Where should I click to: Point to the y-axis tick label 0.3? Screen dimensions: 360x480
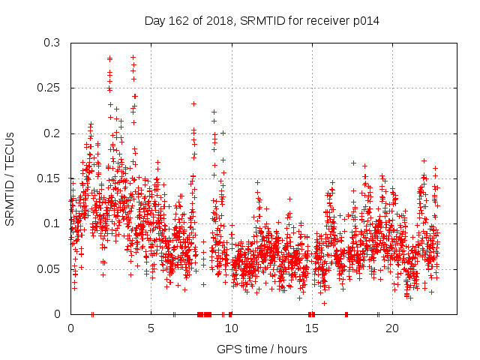[x=51, y=43]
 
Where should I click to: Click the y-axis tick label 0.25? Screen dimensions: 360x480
[x=48, y=88]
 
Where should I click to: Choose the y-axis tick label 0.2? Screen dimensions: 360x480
[x=51, y=133]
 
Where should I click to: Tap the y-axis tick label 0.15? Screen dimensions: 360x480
[x=48, y=178]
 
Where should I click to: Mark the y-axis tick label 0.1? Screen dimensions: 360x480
[x=51, y=223]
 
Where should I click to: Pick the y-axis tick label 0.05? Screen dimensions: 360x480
[x=48, y=268]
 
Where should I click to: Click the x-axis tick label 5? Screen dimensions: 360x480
[x=151, y=328]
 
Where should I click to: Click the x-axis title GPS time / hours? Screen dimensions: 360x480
[x=262, y=349]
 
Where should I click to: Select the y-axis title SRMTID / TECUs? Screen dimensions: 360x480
[x=10, y=178]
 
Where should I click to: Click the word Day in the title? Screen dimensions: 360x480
[x=154, y=21]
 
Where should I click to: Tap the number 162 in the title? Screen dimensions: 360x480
[x=177, y=21]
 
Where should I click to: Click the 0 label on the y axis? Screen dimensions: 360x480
[x=57, y=313]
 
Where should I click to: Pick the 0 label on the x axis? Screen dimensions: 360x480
[x=70, y=328]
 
